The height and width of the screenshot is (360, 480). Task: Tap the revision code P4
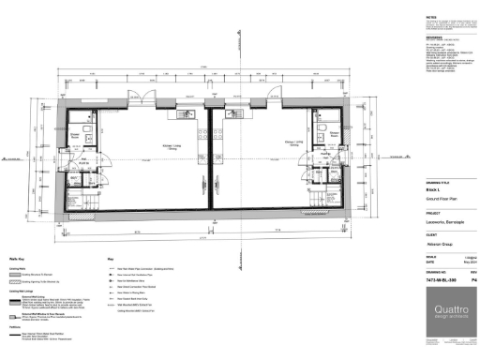click(473, 279)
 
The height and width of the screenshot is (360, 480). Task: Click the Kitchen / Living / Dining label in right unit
click(292, 144)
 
